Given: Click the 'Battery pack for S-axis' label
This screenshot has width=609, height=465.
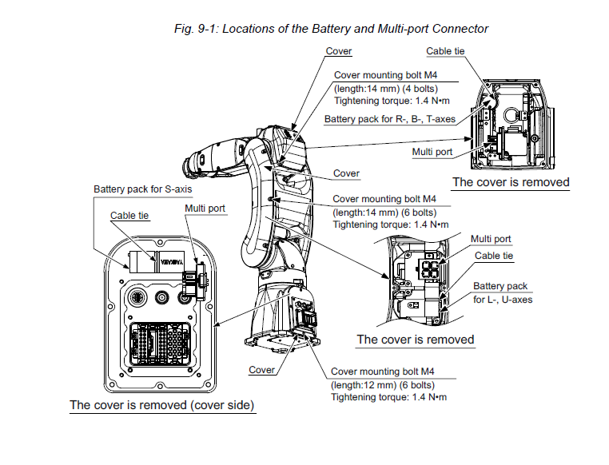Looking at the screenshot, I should pyautogui.click(x=143, y=189).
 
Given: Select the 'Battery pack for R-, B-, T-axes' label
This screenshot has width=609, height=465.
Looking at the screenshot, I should pyautogui.click(x=389, y=119).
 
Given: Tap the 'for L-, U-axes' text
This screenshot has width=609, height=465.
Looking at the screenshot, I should pyautogui.click(x=503, y=300).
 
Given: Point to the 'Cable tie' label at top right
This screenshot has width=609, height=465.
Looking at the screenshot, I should pyautogui.click(x=445, y=51).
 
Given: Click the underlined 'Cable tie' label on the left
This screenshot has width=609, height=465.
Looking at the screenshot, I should pyautogui.click(x=129, y=215).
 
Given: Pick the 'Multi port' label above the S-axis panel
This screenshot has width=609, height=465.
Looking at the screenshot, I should pyautogui.click(x=205, y=209).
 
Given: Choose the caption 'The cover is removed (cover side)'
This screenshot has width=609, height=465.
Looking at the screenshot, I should pyautogui.click(x=162, y=405).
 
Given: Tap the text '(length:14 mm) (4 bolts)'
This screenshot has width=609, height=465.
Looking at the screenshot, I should pyautogui.click(x=385, y=88).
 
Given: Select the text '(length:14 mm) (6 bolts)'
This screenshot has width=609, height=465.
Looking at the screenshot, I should pyautogui.click(x=384, y=212).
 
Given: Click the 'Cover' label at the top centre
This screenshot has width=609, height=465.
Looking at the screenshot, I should pyautogui.click(x=339, y=51).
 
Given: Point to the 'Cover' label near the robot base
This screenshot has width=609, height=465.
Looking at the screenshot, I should pyautogui.click(x=262, y=370).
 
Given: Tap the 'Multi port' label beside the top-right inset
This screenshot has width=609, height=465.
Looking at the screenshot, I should pyautogui.click(x=432, y=151).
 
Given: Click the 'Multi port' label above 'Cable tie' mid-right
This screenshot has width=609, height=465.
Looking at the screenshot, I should pyautogui.click(x=491, y=239).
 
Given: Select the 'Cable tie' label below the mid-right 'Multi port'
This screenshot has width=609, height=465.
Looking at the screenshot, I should pyautogui.click(x=494, y=256).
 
